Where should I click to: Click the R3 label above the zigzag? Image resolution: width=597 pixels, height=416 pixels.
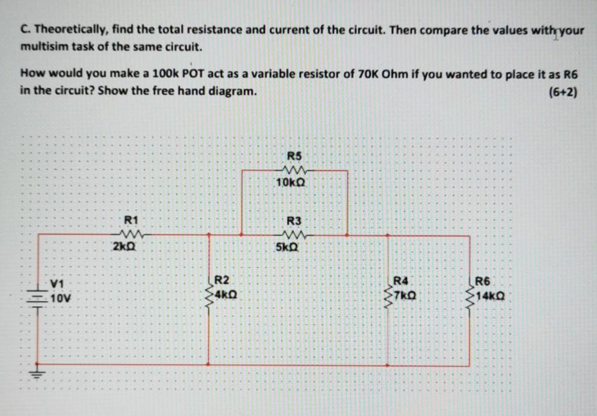(x=294, y=220)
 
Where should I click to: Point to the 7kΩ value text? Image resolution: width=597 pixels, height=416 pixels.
(x=404, y=296)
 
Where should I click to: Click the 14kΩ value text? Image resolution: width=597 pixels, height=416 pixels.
(x=490, y=296)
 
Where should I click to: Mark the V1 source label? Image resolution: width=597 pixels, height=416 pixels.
(x=57, y=283)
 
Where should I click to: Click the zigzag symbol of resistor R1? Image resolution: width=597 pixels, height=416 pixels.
(x=130, y=233)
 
